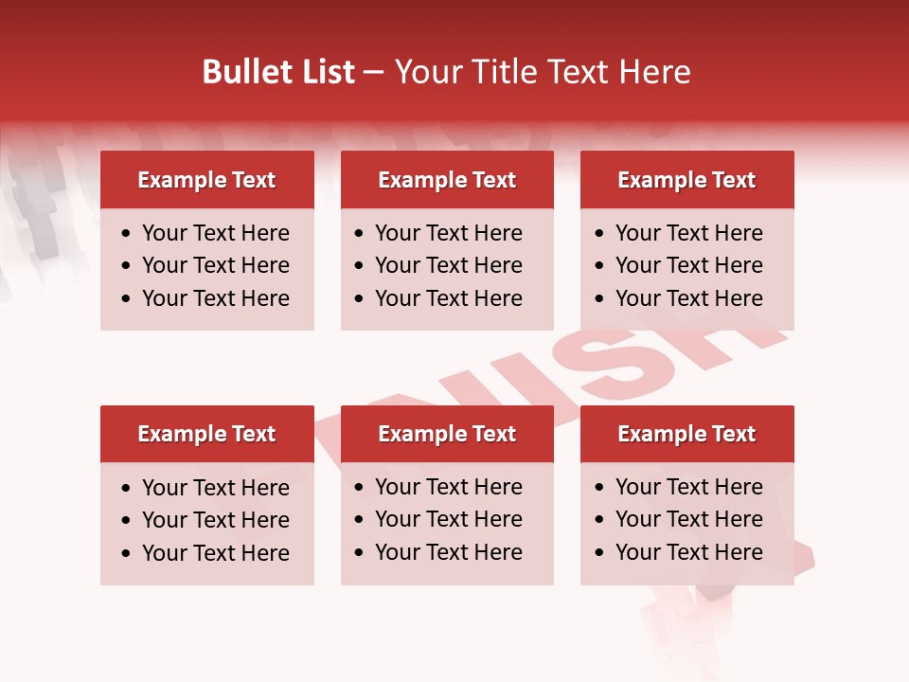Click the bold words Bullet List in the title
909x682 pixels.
coord(278,72)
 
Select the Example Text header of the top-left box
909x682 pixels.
coord(206,180)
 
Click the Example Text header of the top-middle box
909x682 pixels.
coord(447,180)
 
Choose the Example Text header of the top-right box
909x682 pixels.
coord(686,180)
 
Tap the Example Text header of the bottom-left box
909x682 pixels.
coord(206,434)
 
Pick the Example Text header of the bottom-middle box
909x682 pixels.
coord(447,434)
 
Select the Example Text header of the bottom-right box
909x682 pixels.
coord(686,434)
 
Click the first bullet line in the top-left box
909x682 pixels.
coord(215,233)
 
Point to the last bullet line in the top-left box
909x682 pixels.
coord(215,298)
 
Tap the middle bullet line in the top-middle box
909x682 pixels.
coord(448,265)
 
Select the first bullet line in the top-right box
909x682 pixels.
coord(688,233)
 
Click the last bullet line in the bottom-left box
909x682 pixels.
coord(215,553)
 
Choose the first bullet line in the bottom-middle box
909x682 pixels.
coord(448,487)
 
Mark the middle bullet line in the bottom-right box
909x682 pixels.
coord(688,519)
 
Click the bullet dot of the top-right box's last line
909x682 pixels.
coord(599,299)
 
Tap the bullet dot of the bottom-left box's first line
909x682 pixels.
coord(126,489)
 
